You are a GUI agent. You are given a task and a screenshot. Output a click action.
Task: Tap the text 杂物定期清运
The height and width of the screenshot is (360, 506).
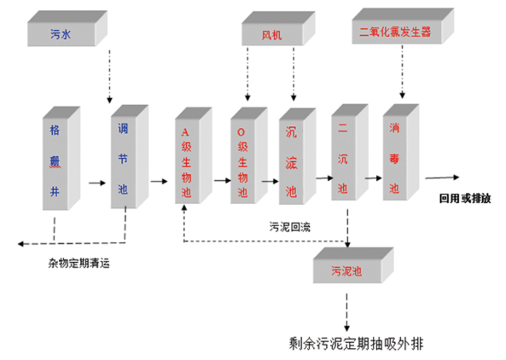(x=79, y=262)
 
